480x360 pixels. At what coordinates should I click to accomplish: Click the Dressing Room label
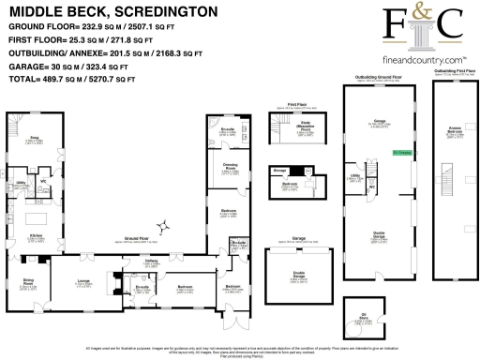tap(229, 170)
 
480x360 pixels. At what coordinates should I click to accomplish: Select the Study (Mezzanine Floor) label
tap(304, 130)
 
